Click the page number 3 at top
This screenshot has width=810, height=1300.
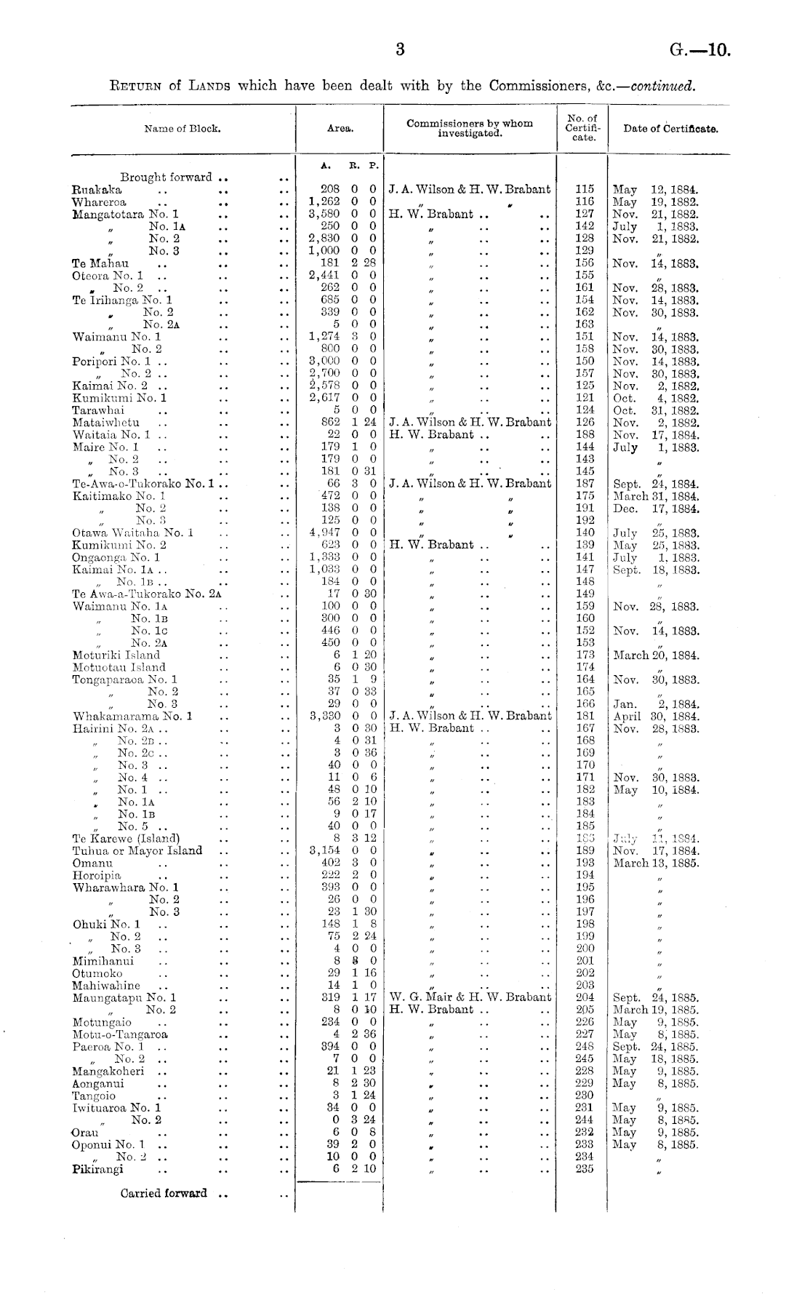click(x=399, y=49)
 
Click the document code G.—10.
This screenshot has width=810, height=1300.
click(x=699, y=51)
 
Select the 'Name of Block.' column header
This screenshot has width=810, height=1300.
click(x=183, y=129)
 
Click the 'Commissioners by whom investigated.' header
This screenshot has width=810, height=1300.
click(x=470, y=129)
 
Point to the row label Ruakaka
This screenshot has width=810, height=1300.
click(x=97, y=189)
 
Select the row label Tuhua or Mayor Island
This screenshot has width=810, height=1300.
click(x=137, y=850)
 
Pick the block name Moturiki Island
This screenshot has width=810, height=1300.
click(x=116, y=655)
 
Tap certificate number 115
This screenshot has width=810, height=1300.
click(x=585, y=189)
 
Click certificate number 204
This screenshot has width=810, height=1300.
click(x=585, y=997)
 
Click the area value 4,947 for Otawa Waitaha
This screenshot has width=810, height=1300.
click(x=324, y=533)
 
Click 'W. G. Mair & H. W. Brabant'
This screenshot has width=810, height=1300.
click(x=470, y=997)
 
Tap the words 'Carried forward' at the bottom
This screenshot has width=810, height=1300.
click(x=164, y=1193)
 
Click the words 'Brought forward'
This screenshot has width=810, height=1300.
click(x=167, y=177)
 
